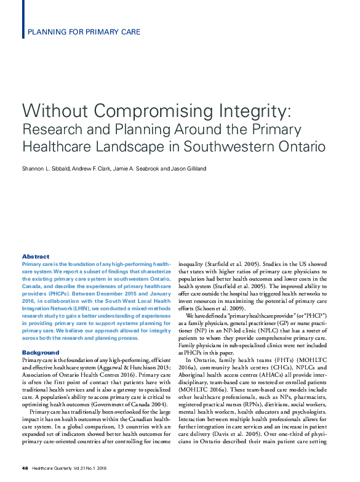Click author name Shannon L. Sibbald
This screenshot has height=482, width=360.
tap(47, 168)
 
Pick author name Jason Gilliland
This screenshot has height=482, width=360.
tap(188, 168)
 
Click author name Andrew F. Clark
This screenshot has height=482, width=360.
tap(92, 168)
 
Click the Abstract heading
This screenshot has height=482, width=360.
tap(36, 256)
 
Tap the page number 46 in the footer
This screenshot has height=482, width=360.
tap(25, 469)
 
